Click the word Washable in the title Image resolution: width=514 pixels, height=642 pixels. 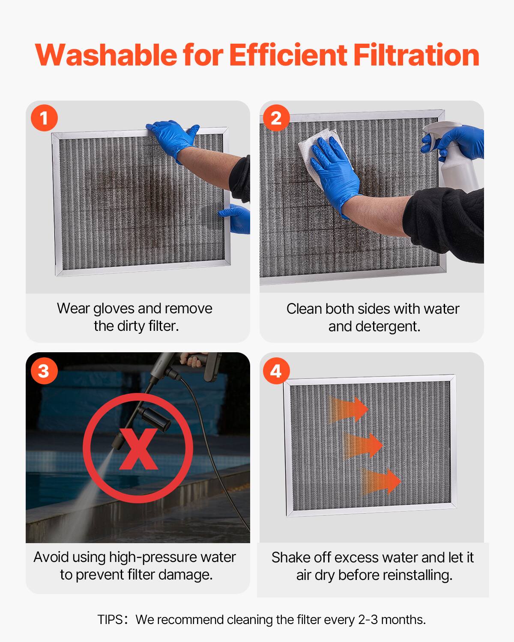pyautogui.click(x=106, y=55)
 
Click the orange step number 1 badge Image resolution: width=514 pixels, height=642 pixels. pyautogui.click(x=44, y=118)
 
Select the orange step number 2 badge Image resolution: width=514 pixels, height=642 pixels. pyautogui.click(x=277, y=118)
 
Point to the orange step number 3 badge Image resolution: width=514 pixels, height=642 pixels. pyautogui.click(x=44, y=370)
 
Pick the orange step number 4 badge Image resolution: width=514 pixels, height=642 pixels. pyautogui.click(x=277, y=370)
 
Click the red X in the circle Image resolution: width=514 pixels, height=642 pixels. pyautogui.click(x=138, y=448)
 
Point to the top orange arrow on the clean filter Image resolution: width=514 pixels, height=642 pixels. pyautogui.click(x=349, y=409)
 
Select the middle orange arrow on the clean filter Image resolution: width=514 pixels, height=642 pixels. pyautogui.click(x=363, y=445)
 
